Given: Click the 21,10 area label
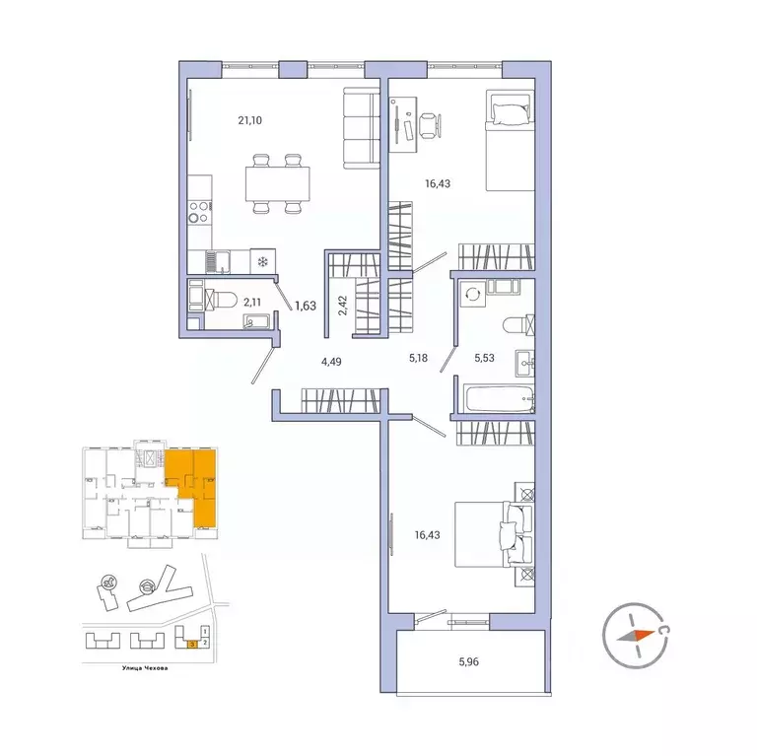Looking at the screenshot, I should tap(249, 121).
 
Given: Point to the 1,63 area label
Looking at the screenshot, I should tap(305, 306).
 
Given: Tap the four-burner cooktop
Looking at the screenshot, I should tap(198, 213).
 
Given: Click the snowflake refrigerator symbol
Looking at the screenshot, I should tap(263, 260).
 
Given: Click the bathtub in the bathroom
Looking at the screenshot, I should tap(497, 401).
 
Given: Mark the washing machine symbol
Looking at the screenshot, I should tap(472, 293).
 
